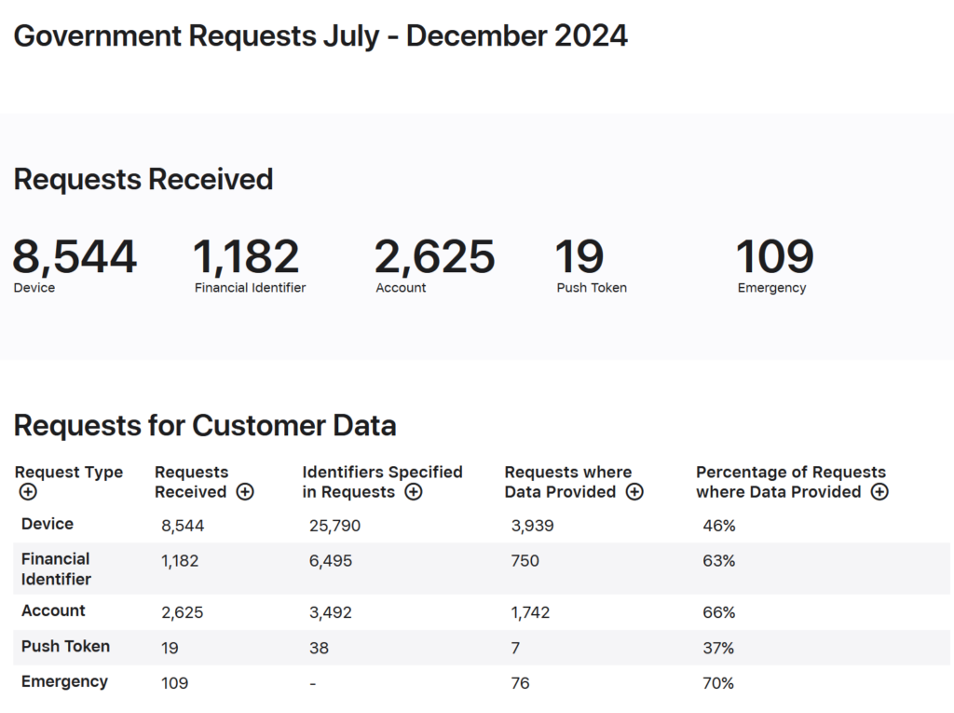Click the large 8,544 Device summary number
coord(75,257)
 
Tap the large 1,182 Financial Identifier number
coord(246,257)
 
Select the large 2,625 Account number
coord(434,257)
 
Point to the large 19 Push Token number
coord(579,257)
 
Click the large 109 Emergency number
coord(774,257)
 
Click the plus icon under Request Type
coord(28,492)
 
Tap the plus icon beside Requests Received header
coord(245,492)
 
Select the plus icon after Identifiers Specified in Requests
coord(414,492)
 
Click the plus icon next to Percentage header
coord(879,492)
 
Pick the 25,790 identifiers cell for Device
coord(334,526)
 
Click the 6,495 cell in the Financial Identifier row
coord(331,561)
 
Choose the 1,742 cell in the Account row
coord(530,612)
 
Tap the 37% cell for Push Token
coord(718,648)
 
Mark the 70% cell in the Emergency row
coord(718,683)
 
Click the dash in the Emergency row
coord(313,684)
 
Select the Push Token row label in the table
coord(65,647)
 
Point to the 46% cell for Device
coord(718,526)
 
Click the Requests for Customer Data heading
coord(205,426)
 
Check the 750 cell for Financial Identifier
coord(525,561)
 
